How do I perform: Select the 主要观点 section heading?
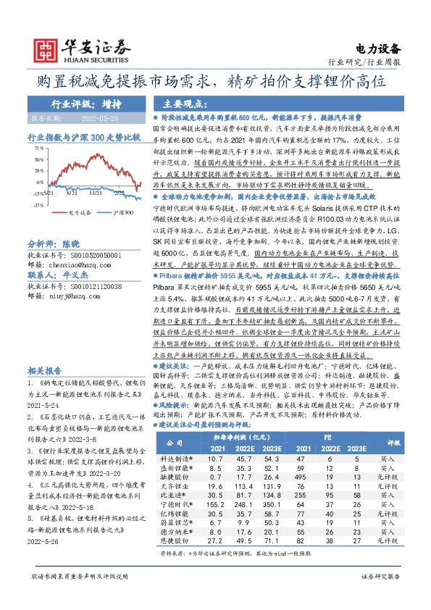pyautogui.click(x=178, y=104)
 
